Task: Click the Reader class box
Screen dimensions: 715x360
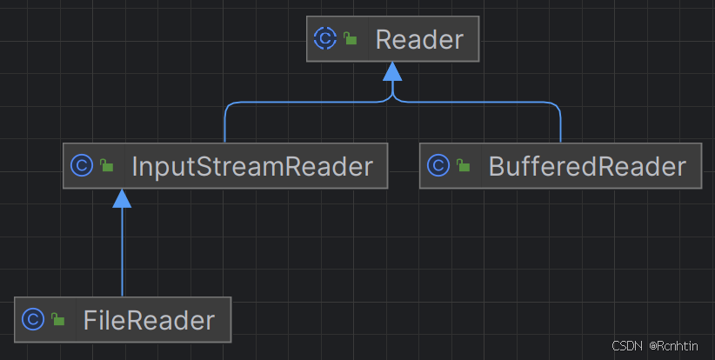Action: (393, 40)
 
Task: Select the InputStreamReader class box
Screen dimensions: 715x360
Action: (224, 165)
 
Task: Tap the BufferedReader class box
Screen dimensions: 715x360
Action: (560, 165)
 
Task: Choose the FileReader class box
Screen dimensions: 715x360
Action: (123, 319)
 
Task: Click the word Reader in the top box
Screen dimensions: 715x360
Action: (419, 40)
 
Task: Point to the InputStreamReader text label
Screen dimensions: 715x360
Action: (252, 165)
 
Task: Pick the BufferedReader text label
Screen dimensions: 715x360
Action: (587, 165)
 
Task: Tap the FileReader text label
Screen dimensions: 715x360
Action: (149, 320)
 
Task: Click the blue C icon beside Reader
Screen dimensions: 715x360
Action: (324, 39)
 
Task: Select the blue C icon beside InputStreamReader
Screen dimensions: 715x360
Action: (81, 165)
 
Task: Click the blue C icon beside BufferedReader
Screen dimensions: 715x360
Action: (438, 165)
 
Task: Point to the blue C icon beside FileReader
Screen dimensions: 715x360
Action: (33, 319)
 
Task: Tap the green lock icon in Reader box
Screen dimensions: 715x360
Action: (350, 40)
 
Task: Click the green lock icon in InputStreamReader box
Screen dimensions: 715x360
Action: (106, 166)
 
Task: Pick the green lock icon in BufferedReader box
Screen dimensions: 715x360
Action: (464, 166)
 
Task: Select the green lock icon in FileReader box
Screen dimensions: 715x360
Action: (58, 320)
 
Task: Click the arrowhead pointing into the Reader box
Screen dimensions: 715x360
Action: (393, 70)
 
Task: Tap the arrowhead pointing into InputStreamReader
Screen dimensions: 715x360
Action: (123, 197)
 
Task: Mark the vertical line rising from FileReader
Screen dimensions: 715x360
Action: (123, 252)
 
